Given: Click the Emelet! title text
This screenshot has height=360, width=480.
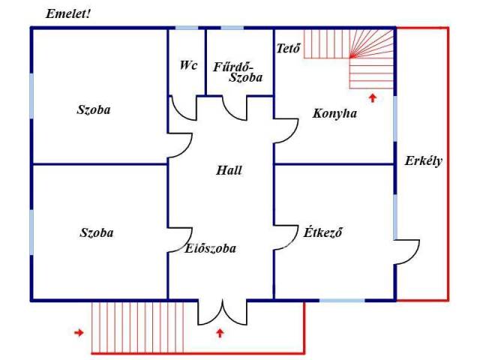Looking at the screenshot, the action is [x=68, y=14].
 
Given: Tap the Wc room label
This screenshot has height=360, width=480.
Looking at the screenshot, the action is [x=188, y=65].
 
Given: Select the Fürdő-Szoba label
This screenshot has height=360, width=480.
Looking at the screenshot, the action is [x=238, y=72].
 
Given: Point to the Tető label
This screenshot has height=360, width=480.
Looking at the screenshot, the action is [x=288, y=48].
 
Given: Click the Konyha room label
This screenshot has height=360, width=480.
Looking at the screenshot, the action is [x=334, y=113].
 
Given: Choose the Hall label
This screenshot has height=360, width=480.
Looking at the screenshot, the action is [x=229, y=170].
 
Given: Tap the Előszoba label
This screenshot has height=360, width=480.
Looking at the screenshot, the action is [x=210, y=248].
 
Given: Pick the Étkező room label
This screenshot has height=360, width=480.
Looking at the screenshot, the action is [x=322, y=232].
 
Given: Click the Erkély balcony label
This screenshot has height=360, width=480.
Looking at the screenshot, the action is [x=423, y=160].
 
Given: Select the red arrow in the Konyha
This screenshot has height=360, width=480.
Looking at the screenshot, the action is [x=373, y=98].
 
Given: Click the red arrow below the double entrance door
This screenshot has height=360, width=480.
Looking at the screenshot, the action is [x=220, y=333].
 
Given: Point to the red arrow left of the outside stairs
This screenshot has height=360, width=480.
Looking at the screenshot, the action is [x=79, y=332].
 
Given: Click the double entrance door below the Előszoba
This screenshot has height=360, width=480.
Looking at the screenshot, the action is [x=222, y=312].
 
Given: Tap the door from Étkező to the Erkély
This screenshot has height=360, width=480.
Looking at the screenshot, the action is [x=407, y=252].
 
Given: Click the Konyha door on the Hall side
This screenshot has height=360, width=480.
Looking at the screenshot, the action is [x=286, y=130].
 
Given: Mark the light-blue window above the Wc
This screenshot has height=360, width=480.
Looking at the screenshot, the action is [x=187, y=28].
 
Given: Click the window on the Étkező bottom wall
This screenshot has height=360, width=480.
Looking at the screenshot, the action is [x=342, y=300].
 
